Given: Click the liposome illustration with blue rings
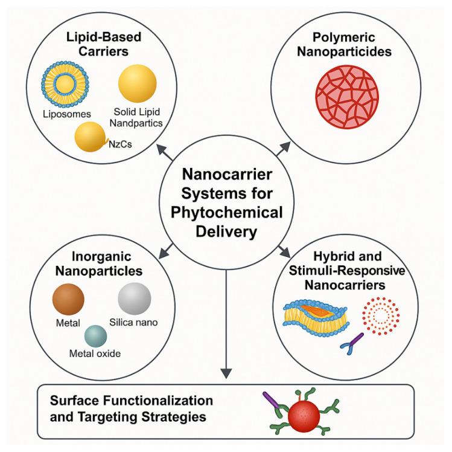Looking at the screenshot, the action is tap(65, 84).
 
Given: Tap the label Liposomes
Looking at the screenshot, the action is tap(67, 114).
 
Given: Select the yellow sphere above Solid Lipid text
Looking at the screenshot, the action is tap(137, 83).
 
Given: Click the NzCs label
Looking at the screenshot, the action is tap(120, 144).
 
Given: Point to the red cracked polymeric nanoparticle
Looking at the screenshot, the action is tap(347, 97).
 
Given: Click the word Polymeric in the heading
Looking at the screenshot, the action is tap(344, 37).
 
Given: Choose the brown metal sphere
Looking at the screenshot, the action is tap(68, 299).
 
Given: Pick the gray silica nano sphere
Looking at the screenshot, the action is tap(135, 299).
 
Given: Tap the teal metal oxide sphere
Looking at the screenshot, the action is tap(96, 336).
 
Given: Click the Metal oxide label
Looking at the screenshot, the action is tap(95, 354).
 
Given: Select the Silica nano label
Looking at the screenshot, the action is tap(133, 323).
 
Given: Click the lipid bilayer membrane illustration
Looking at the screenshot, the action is tap(316, 317).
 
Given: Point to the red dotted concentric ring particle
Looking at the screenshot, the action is tap(381, 316).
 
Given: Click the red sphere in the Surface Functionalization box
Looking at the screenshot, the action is tap(304, 416).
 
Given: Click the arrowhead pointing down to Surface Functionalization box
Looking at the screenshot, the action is tap(226, 373).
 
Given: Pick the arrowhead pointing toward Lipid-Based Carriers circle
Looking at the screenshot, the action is tap(161, 149).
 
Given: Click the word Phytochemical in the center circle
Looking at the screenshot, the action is tap(226, 213).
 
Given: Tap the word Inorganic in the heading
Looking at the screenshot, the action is tap(101, 256).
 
